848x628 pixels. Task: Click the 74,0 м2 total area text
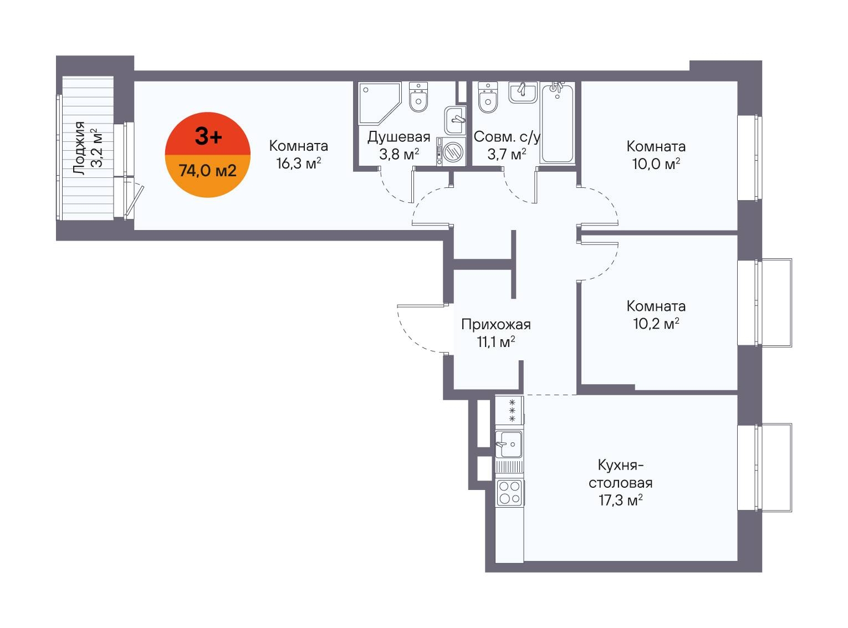tap(208, 171)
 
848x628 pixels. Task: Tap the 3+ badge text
tap(208, 137)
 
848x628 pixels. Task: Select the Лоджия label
tap(79, 148)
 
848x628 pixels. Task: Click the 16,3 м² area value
tap(299, 164)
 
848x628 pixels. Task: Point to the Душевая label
tap(399, 137)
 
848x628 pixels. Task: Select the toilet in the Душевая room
tap(418, 97)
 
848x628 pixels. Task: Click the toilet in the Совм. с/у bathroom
tap(487, 97)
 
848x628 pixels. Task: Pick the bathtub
tap(558, 122)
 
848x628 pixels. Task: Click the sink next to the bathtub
tap(523, 92)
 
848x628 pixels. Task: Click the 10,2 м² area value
tap(656, 324)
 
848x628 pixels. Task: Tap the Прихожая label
tap(496, 325)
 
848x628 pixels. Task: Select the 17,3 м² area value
tap(620, 500)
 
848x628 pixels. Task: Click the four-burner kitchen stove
tap(510, 493)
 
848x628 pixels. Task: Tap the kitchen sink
tap(509, 444)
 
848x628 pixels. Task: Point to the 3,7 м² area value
tap(507, 154)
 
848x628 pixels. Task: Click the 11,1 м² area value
tap(495, 342)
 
